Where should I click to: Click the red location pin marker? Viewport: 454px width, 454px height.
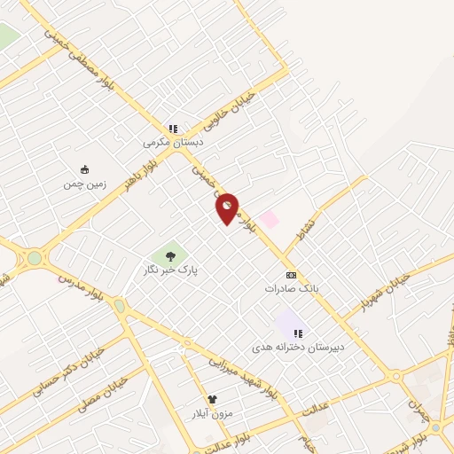pos(228,207)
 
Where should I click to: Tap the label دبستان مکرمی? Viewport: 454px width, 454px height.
pos(174,142)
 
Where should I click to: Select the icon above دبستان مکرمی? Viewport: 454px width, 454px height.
pos(174,129)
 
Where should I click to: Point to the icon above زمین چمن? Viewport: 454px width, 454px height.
pos(84,170)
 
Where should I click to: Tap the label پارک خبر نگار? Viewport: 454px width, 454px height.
pos(169,268)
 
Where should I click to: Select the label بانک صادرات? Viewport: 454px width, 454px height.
pos(290,288)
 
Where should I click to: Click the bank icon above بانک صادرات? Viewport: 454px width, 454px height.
pos(290,275)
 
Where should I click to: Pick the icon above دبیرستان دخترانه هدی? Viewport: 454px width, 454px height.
pos(299,333)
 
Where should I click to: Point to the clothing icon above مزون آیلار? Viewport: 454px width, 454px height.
pos(212,400)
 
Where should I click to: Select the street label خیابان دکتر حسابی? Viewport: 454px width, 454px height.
pos(67,370)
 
